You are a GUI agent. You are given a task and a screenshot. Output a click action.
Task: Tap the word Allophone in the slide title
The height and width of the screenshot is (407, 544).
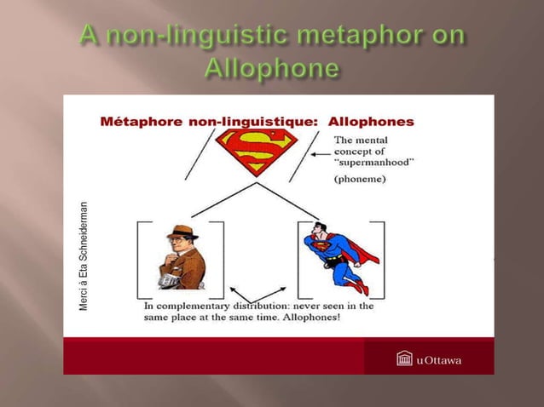pos(272,68)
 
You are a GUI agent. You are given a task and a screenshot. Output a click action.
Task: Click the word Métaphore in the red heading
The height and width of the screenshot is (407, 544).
pos(140,122)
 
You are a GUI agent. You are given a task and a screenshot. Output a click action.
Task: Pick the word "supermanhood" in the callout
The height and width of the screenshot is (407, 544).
pos(373,164)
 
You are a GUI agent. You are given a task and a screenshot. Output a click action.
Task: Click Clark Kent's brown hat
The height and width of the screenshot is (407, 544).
pos(182,232)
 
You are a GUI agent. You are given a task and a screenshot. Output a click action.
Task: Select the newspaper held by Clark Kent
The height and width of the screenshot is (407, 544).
pos(170,278)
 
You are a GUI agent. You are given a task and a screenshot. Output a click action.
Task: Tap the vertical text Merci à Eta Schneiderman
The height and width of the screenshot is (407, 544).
pos(84,255)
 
